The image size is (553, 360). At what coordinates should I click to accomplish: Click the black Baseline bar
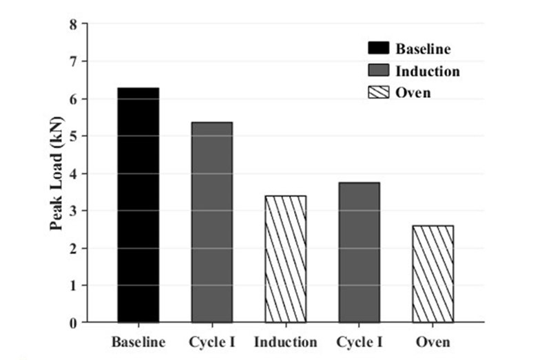click(138, 205)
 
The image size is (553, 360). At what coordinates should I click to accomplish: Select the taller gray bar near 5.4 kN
click(212, 222)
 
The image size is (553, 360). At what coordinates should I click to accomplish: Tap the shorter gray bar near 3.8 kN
click(359, 253)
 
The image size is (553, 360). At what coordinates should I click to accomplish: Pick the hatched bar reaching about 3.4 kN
click(286, 259)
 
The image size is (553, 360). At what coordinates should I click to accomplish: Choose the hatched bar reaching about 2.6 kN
click(433, 274)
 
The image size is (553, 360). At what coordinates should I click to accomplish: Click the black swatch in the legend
click(379, 48)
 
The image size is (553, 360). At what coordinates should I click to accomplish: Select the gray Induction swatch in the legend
click(379, 70)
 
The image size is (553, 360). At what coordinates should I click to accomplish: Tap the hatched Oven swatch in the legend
click(379, 92)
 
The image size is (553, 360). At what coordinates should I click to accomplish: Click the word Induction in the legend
click(428, 71)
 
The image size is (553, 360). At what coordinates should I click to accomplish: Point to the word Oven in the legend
click(413, 93)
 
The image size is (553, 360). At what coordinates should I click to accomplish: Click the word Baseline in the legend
click(423, 49)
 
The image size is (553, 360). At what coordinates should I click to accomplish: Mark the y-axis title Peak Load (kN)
click(56, 173)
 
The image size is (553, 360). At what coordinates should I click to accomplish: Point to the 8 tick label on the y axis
click(74, 25)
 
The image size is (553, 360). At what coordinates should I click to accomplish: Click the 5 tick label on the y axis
click(74, 136)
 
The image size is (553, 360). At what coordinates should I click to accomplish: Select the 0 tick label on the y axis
click(74, 323)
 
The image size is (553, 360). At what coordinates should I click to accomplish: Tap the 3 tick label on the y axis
click(74, 211)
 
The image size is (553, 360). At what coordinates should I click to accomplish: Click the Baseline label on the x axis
click(138, 342)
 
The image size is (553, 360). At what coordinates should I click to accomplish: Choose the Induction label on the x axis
click(286, 342)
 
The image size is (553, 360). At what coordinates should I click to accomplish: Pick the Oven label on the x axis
click(433, 342)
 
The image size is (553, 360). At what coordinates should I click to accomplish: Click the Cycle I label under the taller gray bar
click(212, 342)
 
